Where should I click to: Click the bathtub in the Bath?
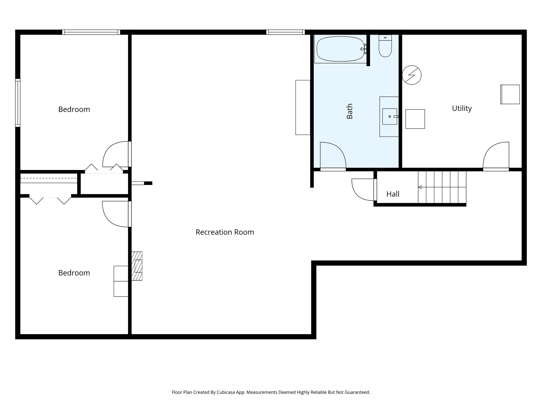pos(340,49)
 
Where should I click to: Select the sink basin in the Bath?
pos(390,116)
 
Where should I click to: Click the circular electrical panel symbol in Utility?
pos(412,75)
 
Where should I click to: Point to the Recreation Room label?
pos(225,232)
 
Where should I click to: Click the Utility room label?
pos(462,108)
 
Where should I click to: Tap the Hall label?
pos(393,194)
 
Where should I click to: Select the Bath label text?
pos(350,111)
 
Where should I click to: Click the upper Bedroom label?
pos(74,109)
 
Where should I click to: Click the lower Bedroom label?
pos(74,273)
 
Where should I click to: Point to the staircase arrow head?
pos(420,187)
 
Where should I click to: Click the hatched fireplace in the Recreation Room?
pos(137,266)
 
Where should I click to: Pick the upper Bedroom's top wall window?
pos(91,32)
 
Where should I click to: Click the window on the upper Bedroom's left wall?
pos(18,103)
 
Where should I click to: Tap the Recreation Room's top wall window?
pos(286,32)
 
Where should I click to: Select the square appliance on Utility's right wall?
pos(510,94)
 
